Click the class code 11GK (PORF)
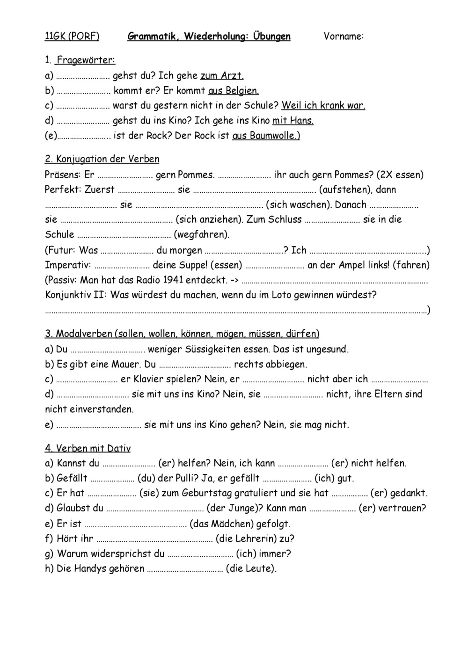coord(72,36)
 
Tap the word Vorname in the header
coord(343,36)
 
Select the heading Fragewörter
coord(86,60)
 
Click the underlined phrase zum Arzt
coord(222,75)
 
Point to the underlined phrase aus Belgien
coord(234,90)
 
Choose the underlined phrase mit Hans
coord(293,120)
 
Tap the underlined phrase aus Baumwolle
coord(266,136)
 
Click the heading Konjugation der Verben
coord(102,159)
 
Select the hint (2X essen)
coord(400,175)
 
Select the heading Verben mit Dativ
coord(88,448)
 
